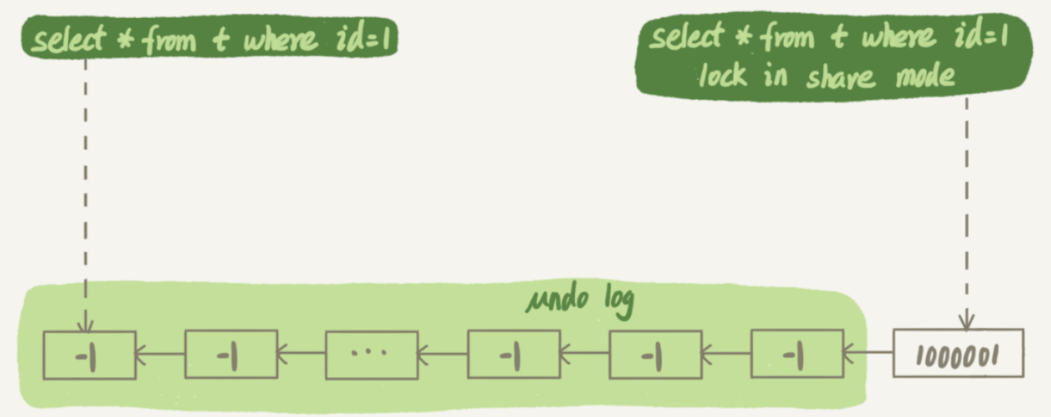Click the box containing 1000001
tap(959, 353)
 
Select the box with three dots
tap(370, 353)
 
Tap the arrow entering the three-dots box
tap(442, 353)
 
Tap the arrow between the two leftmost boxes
tap(160, 353)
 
